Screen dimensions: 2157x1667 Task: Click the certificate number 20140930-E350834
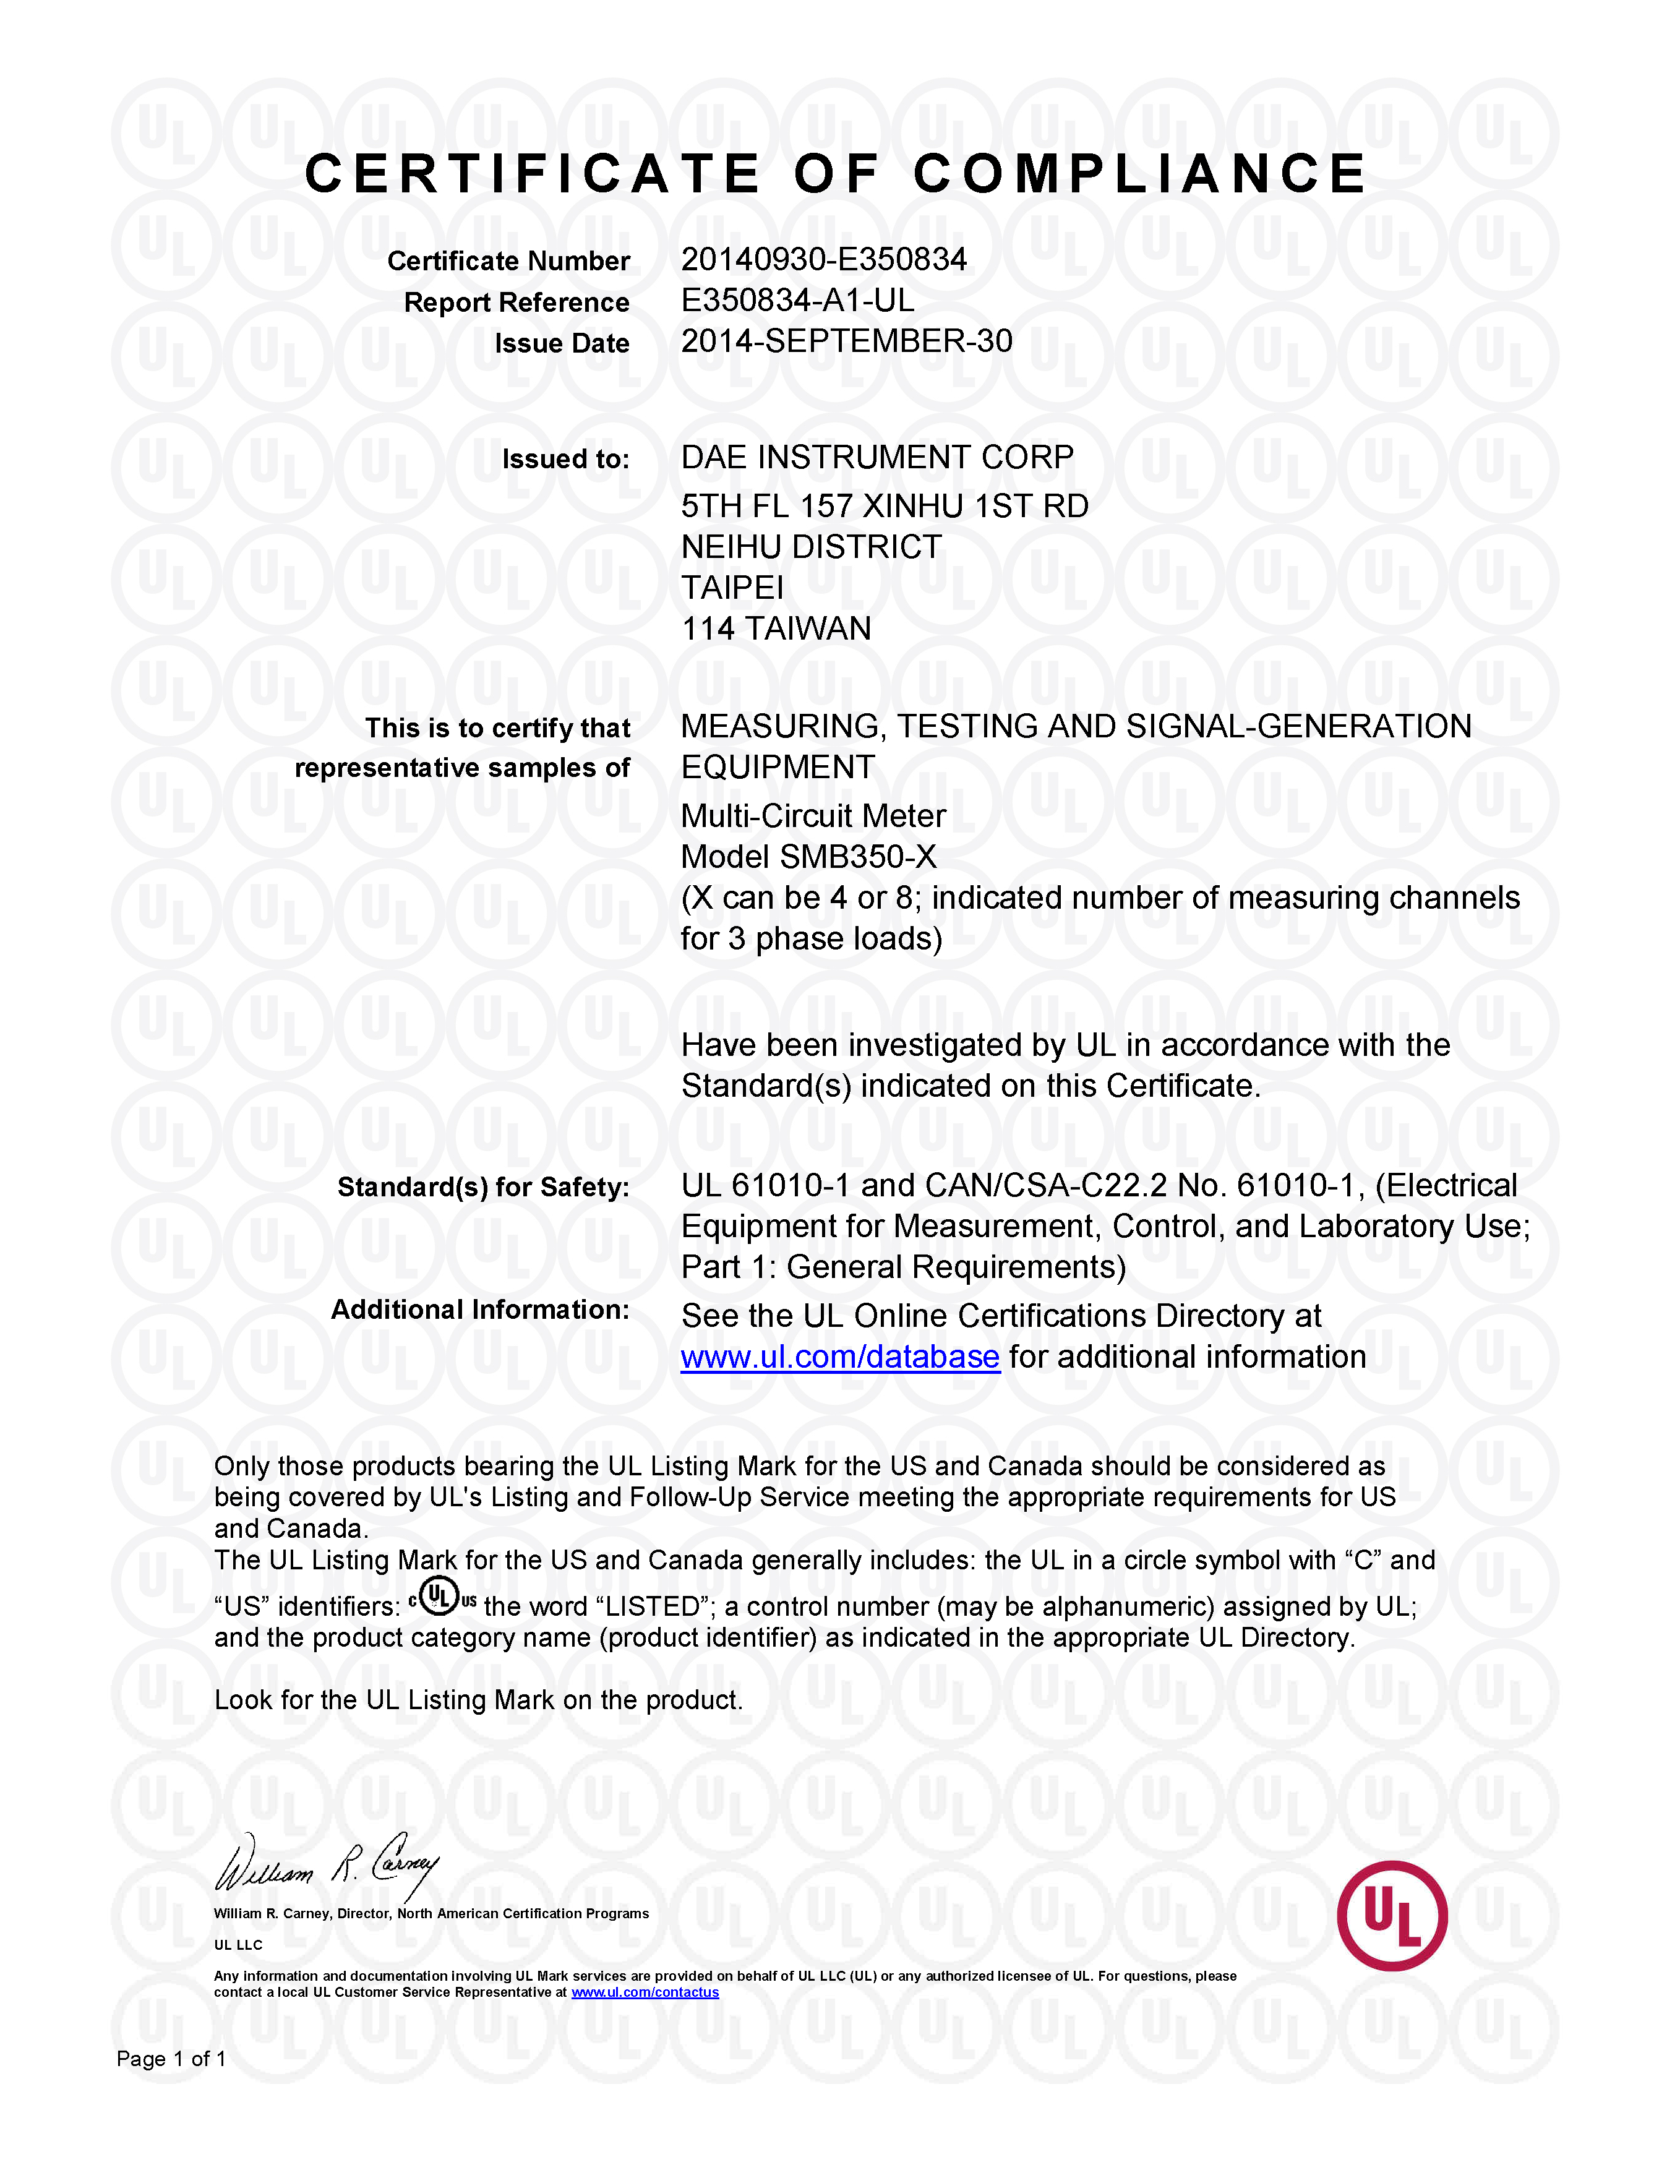(x=824, y=260)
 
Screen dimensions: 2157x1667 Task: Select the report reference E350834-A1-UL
(x=797, y=300)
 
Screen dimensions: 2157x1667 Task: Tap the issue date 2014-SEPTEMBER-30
(x=846, y=341)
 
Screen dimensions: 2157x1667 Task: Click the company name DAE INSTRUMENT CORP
(x=877, y=457)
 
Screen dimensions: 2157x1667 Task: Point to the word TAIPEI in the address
(x=732, y=588)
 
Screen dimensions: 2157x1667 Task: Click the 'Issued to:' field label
(x=565, y=459)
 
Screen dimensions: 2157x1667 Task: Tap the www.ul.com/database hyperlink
(x=839, y=1357)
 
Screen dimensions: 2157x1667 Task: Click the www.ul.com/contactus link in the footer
(x=645, y=1992)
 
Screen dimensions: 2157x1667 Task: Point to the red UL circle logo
(x=1392, y=1916)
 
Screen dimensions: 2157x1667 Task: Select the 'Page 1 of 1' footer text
(x=171, y=2058)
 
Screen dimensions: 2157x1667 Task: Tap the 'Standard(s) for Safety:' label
(x=483, y=1187)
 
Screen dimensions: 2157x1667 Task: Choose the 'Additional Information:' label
(x=480, y=1310)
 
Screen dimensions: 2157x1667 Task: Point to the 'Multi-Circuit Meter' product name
(x=813, y=816)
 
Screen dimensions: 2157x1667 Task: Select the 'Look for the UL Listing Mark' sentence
(x=478, y=1700)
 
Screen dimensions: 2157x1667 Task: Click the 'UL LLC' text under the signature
(x=238, y=1945)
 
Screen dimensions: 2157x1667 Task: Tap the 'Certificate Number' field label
(x=508, y=262)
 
